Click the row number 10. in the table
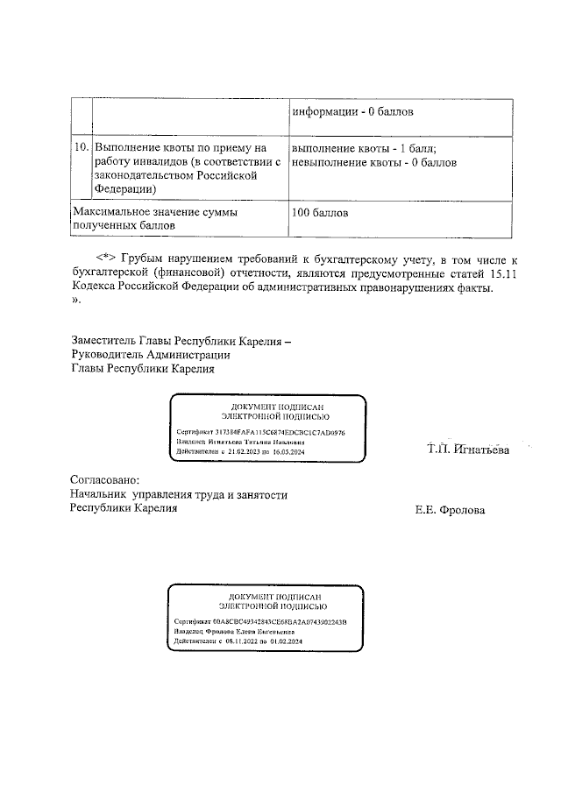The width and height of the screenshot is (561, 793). tap(82, 149)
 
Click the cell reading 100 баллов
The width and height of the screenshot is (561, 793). tap(320, 213)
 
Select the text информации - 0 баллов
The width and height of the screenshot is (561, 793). tap(352, 113)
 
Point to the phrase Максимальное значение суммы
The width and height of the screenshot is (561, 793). tap(155, 212)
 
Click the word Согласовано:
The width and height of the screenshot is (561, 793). tap(104, 480)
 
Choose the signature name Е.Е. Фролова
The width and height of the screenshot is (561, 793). tap(451, 511)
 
